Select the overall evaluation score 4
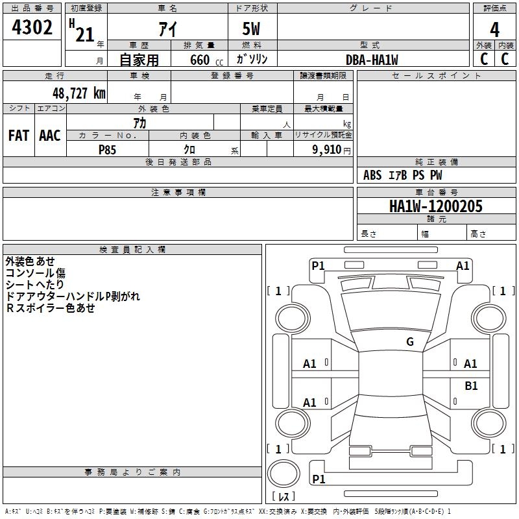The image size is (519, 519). (x=494, y=30)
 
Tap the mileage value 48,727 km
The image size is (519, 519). (x=78, y=93)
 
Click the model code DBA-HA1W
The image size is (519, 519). (x=372, y=60)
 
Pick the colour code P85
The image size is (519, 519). (x=107, y=149)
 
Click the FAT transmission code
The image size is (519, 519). (x=19, y=136)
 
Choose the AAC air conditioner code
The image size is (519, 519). (x=50, y=136)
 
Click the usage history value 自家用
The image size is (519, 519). (x=139, y=60)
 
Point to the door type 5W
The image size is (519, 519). (x=252, y=30)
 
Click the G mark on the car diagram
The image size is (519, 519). (x=409, y=342)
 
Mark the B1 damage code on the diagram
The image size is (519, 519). (x=471, y=386)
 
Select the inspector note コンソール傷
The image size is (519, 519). (x=35, y=273)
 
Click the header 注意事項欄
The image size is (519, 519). (x=178, y=193)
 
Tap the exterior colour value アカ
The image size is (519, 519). (x=139, y=122)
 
